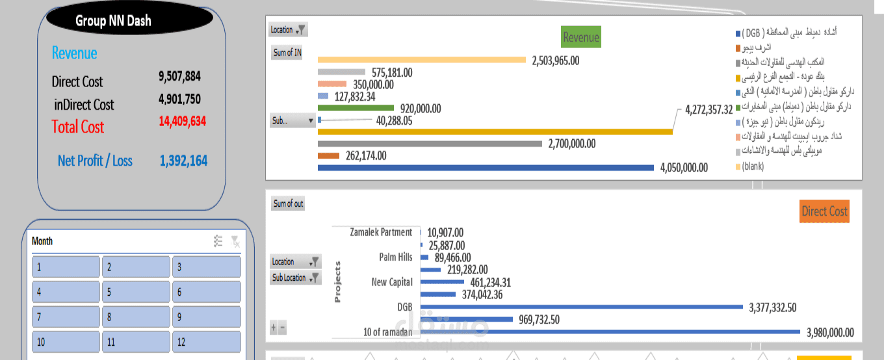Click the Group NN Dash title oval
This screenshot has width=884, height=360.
(113, 21)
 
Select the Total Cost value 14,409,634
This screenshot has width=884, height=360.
(182, 121)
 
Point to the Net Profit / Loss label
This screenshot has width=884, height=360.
(95, 161)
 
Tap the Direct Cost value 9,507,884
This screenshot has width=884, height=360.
(179, 76)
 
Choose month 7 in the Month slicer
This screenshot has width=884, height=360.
(66, 317)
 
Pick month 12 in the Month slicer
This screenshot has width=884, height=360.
(207, 342)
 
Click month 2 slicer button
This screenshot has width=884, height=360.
(136, 266)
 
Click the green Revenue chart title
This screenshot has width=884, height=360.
(580, 37)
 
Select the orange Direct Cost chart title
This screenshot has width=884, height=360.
(824, 211)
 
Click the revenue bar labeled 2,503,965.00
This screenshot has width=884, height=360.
(421, 60)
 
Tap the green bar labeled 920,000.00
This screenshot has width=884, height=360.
(356, 109)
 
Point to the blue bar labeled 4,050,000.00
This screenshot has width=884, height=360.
(486, 168)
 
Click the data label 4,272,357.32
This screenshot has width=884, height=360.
(718, 109)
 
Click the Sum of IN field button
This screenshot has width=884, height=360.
(287, 53)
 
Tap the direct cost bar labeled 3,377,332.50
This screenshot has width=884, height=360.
(582, 307)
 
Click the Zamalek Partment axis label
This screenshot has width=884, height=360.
(380, 232)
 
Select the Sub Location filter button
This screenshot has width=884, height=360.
(296, 277)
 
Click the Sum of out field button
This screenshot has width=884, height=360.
(288, 203)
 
